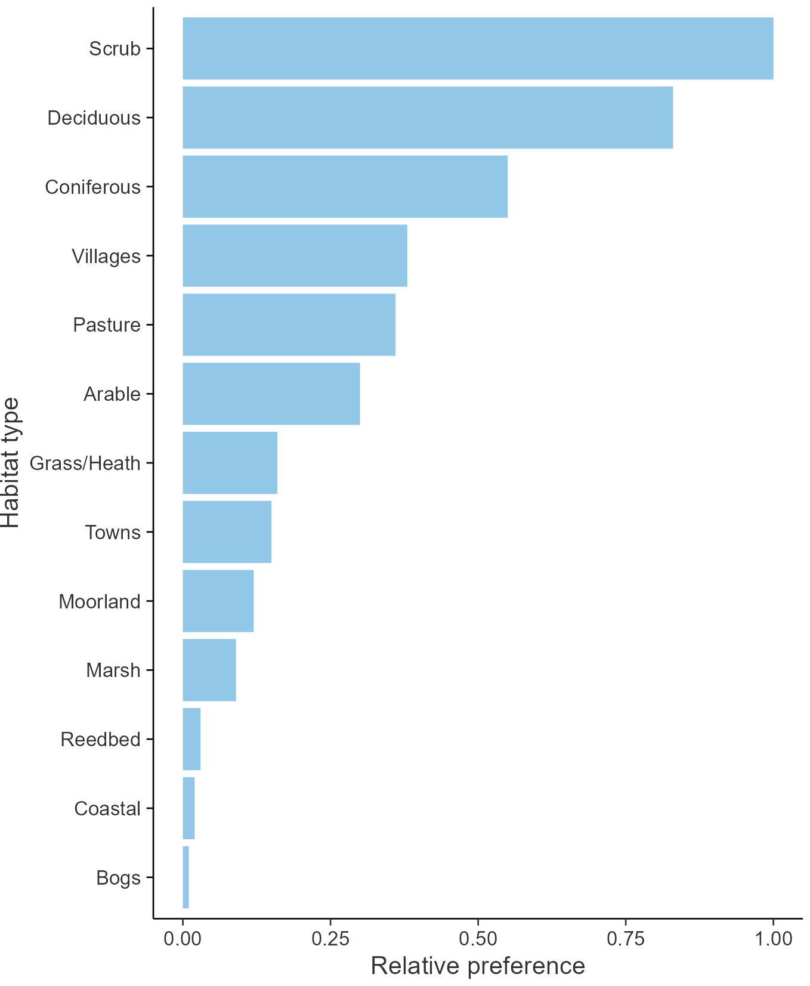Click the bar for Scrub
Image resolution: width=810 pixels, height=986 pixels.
(478, 48)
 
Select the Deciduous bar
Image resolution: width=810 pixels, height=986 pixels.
(428, 118)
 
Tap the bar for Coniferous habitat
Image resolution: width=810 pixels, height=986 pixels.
(345, 187)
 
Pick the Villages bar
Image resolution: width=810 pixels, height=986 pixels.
(295, 256)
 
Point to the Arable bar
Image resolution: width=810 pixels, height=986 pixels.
(271, 394)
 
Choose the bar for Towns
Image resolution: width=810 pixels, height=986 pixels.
(227, 532)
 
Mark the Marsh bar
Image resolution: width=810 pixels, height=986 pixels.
(209, 670)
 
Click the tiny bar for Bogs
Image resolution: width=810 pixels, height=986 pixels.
(186, 877)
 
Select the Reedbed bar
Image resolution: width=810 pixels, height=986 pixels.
(191, 739)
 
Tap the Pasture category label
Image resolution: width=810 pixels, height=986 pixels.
(107, 325)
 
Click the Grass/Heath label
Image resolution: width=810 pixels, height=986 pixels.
(85, 463)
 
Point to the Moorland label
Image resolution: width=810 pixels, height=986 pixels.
(100, 601)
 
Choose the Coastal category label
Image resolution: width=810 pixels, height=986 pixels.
(107, 809)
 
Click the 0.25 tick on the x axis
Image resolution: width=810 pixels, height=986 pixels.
(330, 939)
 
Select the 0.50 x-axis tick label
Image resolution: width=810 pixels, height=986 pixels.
(478, 939)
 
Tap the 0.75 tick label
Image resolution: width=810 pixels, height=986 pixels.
(626, 939)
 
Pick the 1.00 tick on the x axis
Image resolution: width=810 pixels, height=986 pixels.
(774, 939)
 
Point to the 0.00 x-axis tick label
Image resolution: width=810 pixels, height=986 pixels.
(183, 939)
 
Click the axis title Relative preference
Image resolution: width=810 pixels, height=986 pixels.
(478, 966)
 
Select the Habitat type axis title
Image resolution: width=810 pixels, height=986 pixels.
(11, 463)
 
